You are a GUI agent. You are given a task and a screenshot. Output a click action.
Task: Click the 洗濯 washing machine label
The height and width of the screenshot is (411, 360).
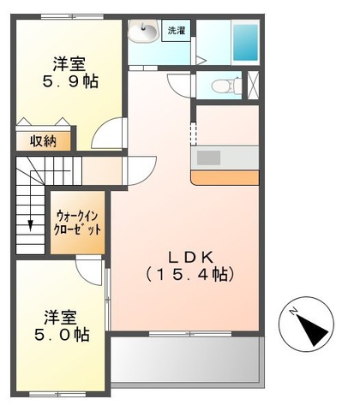[x=176, y=31]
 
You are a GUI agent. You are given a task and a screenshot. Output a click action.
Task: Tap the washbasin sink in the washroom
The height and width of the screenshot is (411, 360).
[x=143, y=30]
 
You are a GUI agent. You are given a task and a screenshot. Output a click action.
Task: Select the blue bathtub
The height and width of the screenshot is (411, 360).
[x=246, y=43]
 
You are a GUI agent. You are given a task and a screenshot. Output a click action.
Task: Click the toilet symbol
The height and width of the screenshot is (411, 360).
[x=227, y=85]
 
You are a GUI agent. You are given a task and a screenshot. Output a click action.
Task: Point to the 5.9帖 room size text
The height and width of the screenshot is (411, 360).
[x=70, y=82]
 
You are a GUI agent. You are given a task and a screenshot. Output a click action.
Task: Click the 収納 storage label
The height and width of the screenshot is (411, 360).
[x=44, y=141]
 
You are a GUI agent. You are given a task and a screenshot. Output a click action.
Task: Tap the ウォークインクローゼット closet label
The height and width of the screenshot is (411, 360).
[x=77, y=223]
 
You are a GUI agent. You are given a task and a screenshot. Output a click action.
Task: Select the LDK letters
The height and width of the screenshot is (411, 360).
[x=190, y=258]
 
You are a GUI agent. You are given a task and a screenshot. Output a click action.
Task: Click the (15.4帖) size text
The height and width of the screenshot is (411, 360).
[x=190, y=275]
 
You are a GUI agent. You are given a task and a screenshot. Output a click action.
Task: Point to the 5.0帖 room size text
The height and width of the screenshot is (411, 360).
[x=62, y=335]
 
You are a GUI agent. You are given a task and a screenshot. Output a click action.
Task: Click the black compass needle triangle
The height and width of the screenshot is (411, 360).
[x=312, y=331]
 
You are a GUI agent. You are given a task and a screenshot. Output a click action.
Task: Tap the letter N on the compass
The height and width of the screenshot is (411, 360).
[x=293, y=311]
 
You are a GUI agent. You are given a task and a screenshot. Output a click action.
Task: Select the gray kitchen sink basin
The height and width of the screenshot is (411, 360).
[x=208, y=158]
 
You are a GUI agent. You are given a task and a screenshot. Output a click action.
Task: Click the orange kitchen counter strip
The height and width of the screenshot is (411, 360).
[x=225, y=177]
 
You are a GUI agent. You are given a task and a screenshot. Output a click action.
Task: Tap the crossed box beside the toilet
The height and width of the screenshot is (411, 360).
[x=253, y=86]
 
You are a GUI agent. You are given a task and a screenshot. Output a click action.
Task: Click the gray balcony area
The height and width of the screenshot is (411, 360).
[x=185, y=359]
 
